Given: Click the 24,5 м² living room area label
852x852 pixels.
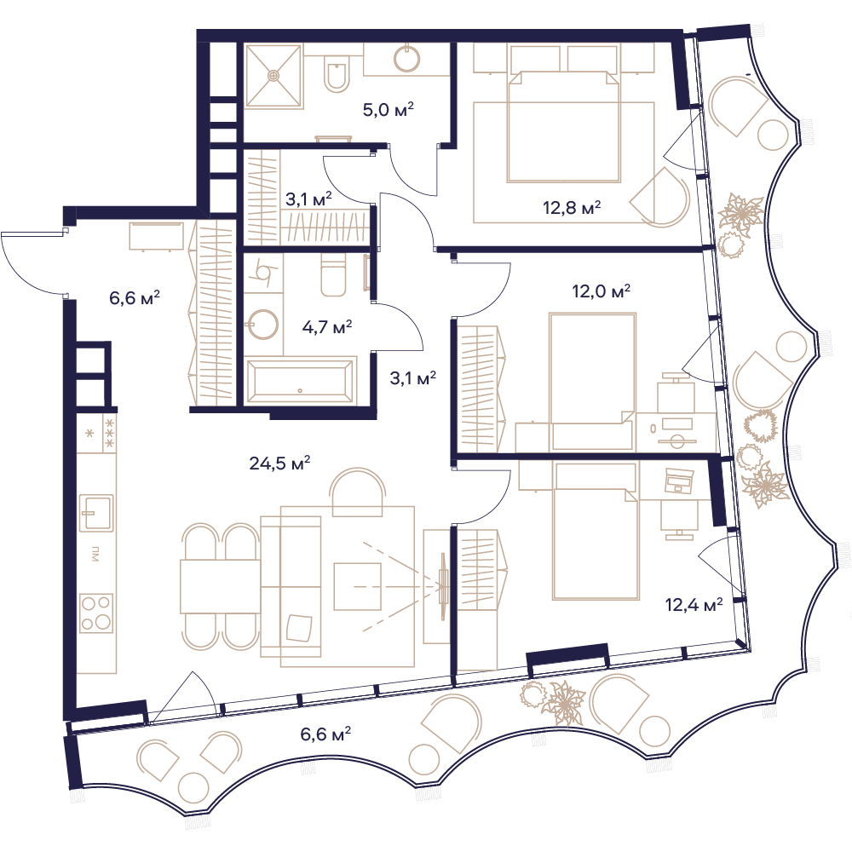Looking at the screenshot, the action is point(279,463).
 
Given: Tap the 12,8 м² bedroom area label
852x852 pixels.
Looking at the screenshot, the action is point(572,207).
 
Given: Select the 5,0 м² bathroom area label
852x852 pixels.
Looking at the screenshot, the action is point(388,110).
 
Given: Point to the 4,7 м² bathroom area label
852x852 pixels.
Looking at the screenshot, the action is point(326,327).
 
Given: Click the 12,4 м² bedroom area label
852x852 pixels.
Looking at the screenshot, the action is point(694,604).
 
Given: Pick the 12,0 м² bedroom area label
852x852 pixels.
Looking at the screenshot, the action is point(601,291).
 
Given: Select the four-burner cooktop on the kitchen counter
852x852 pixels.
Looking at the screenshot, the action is point(96,613).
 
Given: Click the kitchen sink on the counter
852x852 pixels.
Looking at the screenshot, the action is point(97,513).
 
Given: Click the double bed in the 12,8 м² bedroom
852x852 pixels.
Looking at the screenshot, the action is point(563,127).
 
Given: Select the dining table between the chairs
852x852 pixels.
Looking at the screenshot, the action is point(220,586).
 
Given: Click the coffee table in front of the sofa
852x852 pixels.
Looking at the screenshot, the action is point(357,586).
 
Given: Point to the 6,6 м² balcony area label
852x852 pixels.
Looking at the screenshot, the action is point(325,734).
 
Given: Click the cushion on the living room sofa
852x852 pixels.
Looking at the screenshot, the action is point(299,628).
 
